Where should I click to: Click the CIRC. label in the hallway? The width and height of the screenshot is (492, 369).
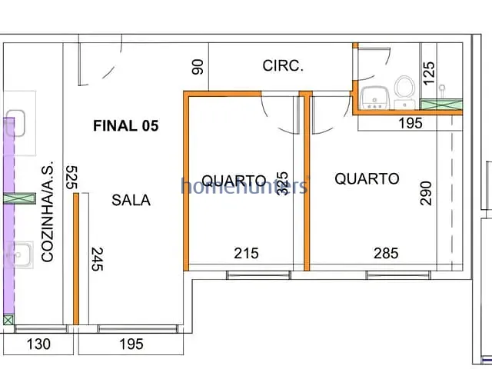(x=283, y=66)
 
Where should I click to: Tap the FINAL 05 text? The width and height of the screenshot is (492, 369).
(x=125, y=126)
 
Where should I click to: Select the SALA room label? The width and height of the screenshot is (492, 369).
(x=131, y=200)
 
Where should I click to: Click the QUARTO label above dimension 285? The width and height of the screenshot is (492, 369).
(x=367, y=178)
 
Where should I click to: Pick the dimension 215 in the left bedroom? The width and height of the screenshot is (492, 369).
(x=246, y=253)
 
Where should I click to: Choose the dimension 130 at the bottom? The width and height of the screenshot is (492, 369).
(x=38, y=344)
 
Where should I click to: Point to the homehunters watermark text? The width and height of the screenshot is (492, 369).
(x=244, y=185)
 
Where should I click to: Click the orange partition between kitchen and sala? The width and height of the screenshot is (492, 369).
(x=75, y=259)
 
